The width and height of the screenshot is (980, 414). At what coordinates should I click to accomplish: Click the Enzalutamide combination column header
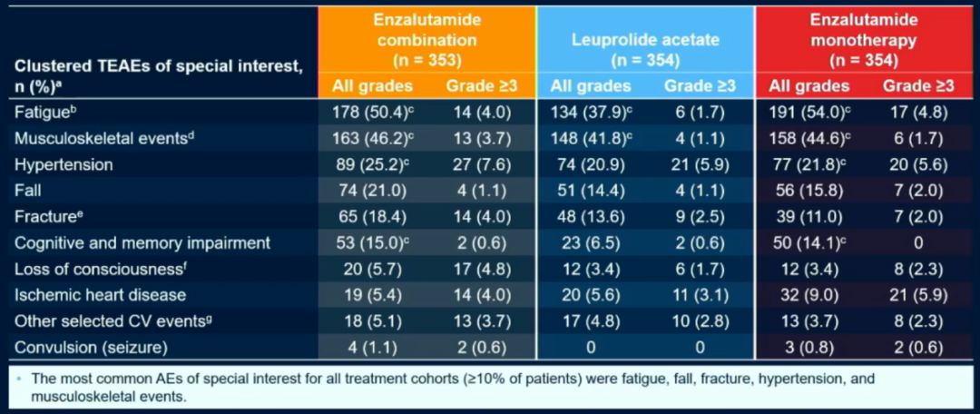[x=426, y=40]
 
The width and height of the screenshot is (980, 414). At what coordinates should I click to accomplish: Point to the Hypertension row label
[x=64, y=165]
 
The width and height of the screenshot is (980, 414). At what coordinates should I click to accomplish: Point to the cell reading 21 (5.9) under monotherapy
[x=918, y=294]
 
